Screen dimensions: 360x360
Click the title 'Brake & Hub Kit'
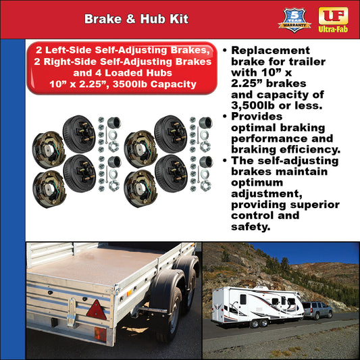pos(128,19)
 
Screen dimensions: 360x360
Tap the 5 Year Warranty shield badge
pos(295,19)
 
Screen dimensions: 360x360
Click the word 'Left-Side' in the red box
pos(75,51)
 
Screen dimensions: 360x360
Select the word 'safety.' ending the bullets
pos(251,227)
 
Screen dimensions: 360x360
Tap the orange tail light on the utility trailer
pos(99,333)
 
